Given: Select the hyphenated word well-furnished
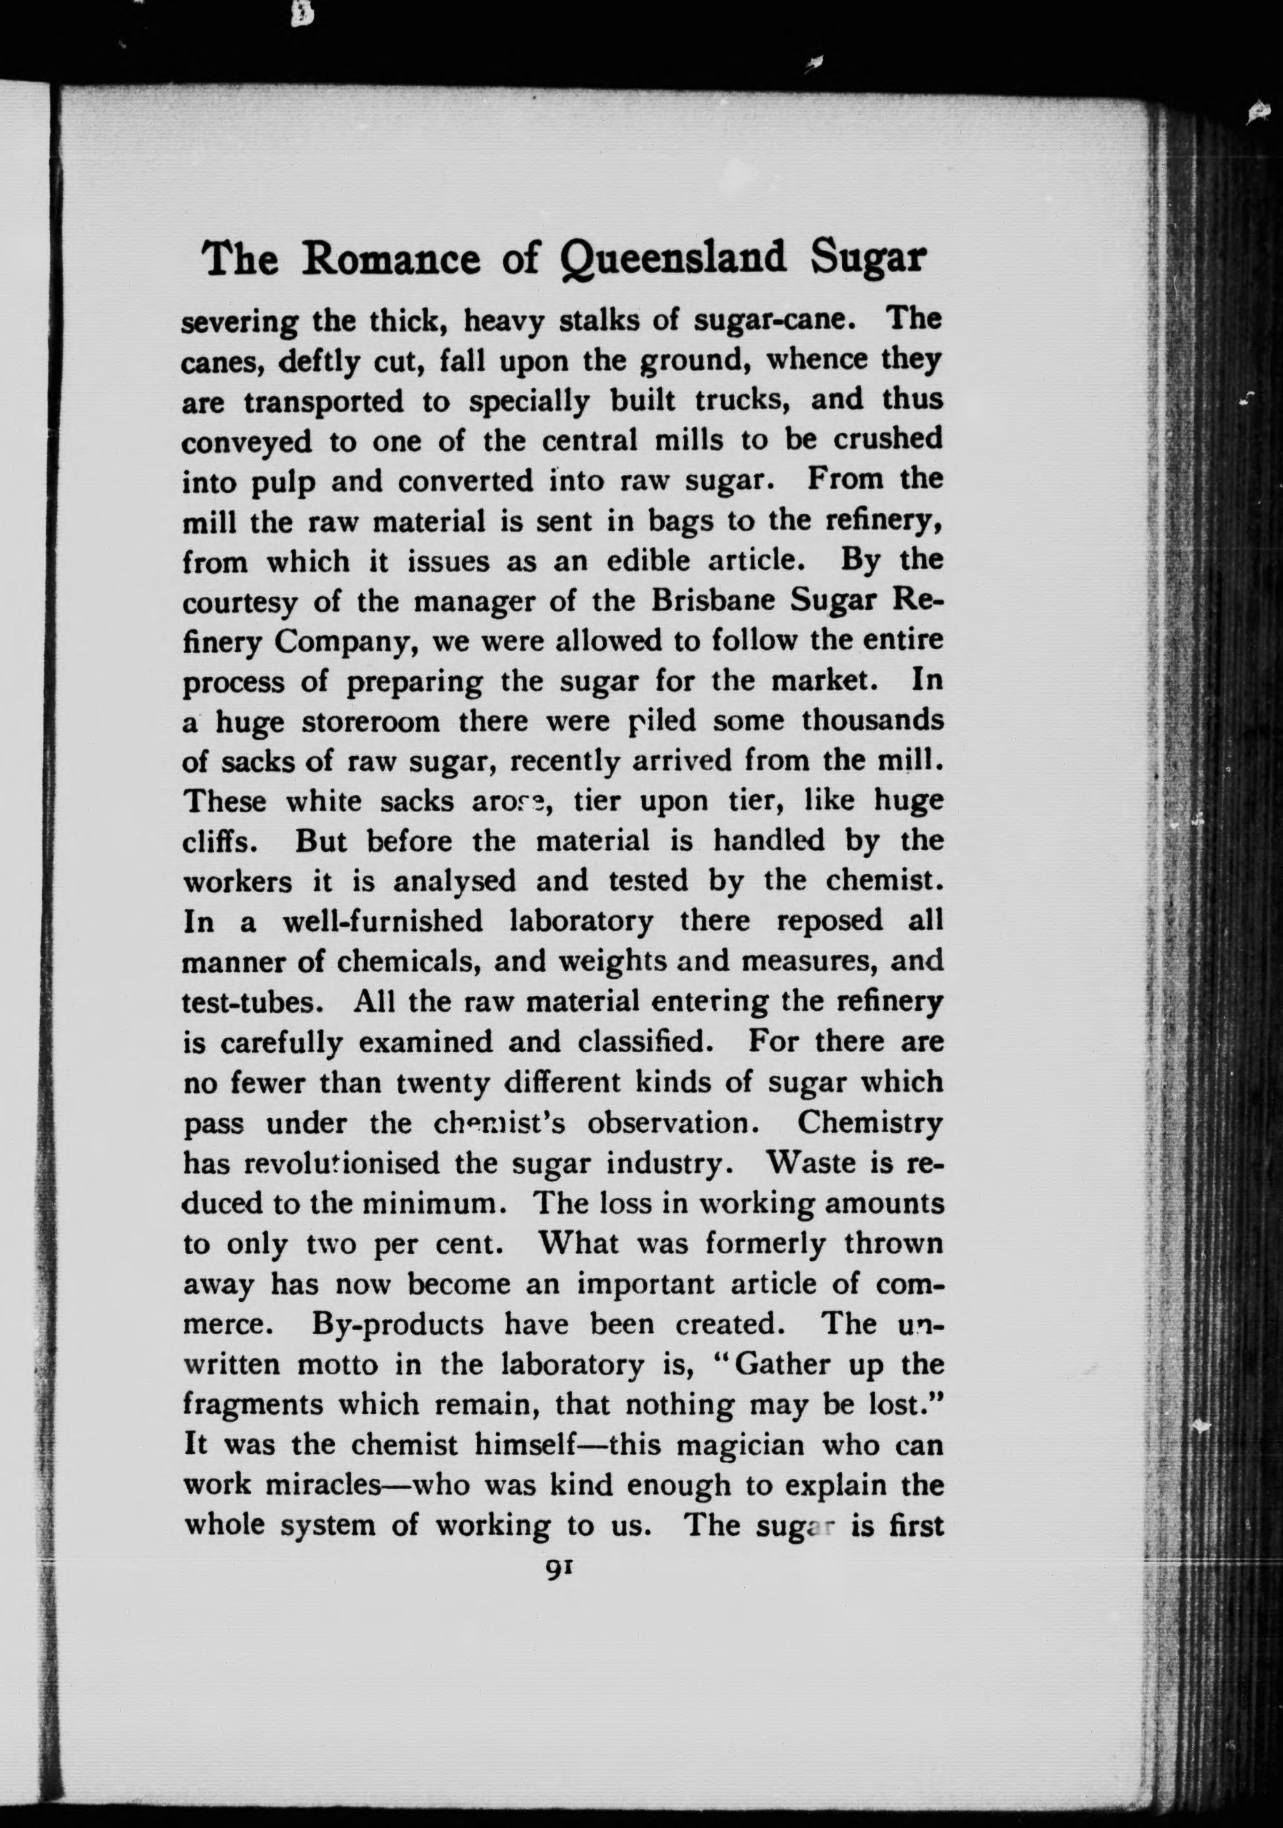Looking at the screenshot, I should coord(382,921).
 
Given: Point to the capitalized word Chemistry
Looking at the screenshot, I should coord(869,1123).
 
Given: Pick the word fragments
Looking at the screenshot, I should coord(253,1405).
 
